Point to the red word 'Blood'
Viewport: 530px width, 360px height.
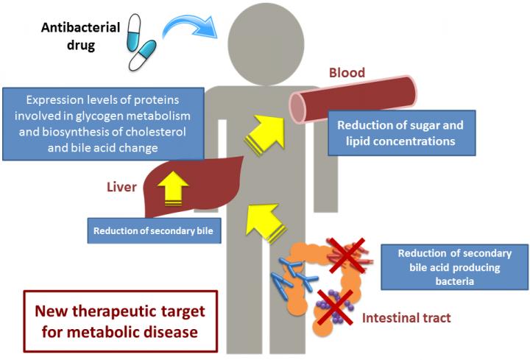point(347,74)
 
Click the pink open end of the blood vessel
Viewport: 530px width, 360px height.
point(298,107)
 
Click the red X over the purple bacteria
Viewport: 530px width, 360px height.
point(333,304)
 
